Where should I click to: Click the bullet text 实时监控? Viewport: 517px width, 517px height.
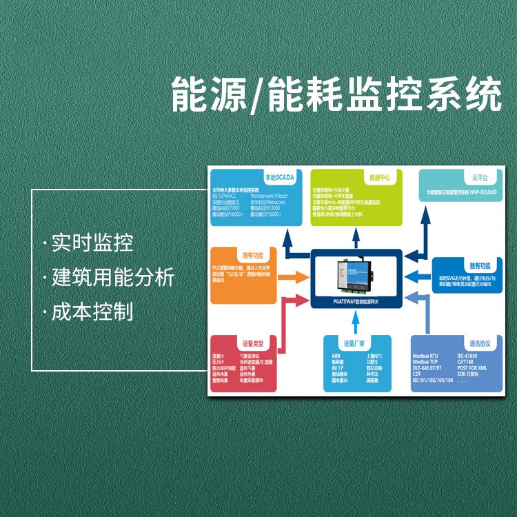point(92,243)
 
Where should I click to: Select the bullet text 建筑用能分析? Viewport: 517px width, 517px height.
point(112,278)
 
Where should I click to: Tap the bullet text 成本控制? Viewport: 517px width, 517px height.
point(92,312)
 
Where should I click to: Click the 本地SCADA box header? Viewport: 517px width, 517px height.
point(279,177)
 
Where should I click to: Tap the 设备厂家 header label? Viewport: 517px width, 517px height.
point(354,343)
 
